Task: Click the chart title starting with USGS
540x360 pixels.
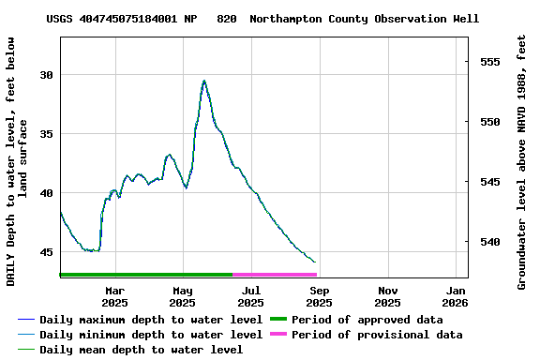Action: [262, 19]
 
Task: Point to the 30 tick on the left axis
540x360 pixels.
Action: [46, 75]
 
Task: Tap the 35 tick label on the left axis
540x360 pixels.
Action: [46, 134]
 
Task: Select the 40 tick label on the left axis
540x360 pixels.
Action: [46, 193]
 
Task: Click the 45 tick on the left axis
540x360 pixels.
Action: [46, 252]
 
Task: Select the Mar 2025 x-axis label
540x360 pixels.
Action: [114, 296]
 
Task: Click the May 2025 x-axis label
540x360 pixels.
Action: [183, 296]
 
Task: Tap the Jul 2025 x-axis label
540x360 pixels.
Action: [251, 296]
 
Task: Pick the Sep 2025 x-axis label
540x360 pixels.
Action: [319, 296]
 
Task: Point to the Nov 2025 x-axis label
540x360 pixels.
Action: [387, 296]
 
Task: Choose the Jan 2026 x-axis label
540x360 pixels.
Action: [456, 296]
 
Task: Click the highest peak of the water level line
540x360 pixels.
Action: [203, 81]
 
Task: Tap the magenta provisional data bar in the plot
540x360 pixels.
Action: [275, 275]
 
